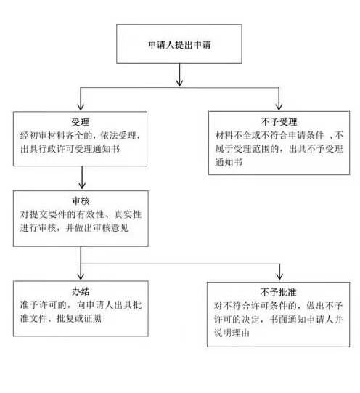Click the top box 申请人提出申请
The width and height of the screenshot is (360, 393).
179,44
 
